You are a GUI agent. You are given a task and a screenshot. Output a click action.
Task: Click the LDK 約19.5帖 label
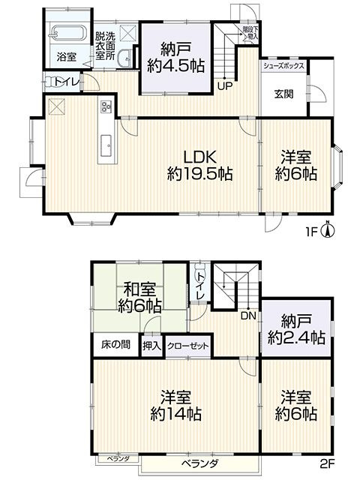click(x=199, y=165)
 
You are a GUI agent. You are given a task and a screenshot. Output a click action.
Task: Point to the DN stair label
click(x=247, y=315)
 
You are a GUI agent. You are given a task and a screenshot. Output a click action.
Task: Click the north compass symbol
click(x=327, y=230)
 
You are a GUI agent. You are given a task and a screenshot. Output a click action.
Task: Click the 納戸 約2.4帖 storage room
click(x=293, y=330)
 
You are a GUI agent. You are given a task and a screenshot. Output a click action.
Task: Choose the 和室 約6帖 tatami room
click(x=139, y=297)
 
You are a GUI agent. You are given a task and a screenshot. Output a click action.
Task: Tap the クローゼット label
click(x=188, y=346)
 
